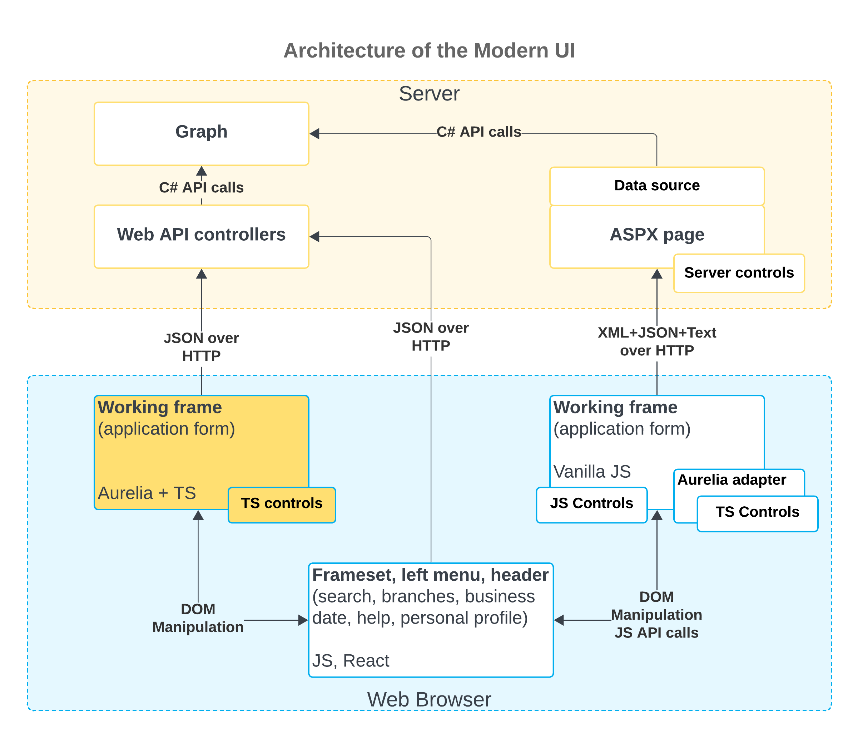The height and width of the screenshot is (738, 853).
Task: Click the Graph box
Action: pos(201,133)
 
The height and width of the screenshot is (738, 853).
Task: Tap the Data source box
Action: pos(656,186)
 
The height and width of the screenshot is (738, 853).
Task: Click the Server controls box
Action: pos(739,273)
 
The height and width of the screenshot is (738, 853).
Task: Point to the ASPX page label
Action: pos(656,235)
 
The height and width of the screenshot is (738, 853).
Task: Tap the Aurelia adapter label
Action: pos(732,480)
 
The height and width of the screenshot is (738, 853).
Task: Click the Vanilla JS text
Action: pos(591,472)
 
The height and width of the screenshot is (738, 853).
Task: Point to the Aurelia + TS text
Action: pos(147,493)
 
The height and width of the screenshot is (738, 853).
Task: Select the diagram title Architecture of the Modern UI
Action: pos(429,51)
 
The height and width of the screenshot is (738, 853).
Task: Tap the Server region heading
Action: pos(429,94)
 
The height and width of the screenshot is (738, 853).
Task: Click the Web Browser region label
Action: pos(429,700)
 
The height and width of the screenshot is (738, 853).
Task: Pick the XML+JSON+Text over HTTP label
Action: pos(656,342)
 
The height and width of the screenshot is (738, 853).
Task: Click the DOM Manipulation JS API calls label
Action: pos(656,615)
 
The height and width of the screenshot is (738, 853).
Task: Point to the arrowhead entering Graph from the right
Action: pos(314,134)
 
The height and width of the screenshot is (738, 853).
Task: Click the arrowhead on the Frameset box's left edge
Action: pos(303,620)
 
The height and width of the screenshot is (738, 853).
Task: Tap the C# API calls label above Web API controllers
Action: pos(201,188)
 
